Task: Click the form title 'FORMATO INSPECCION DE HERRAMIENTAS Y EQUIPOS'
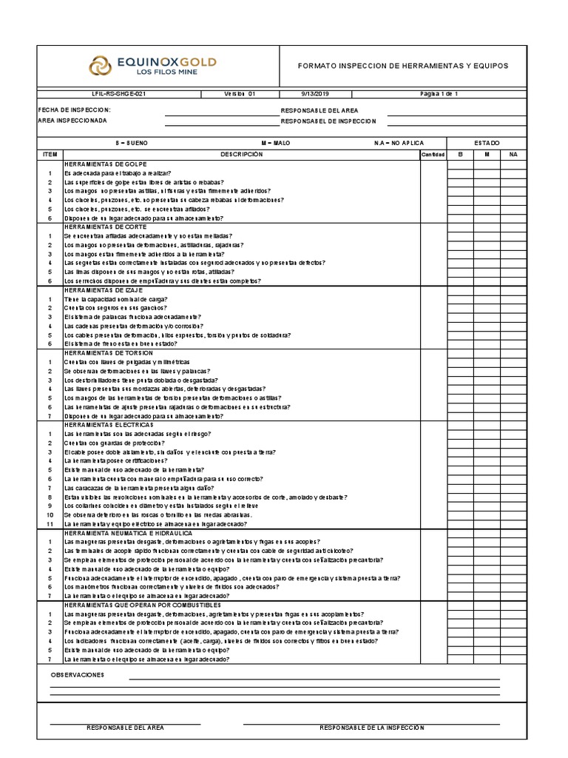pos(403,66)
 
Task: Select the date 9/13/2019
pos(315,94)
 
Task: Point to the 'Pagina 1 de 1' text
pos(439,94)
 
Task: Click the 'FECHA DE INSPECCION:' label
pos(74,110)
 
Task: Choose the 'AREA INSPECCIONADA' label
pos(72,121)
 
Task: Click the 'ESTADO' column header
pos(487,142)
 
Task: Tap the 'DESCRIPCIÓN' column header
pos(241,154)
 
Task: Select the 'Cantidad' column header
pos(433,155)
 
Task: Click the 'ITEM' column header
pos(50,154)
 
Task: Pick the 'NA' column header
pos(513,154)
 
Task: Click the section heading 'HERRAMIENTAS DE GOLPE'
pos(106,164)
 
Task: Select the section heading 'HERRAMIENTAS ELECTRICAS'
pos(109,425)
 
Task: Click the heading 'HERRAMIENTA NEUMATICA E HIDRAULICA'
pos(128,532)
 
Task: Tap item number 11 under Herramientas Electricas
pos(50,523)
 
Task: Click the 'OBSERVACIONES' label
pos(78,675)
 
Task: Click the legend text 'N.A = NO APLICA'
pos(399,142)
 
